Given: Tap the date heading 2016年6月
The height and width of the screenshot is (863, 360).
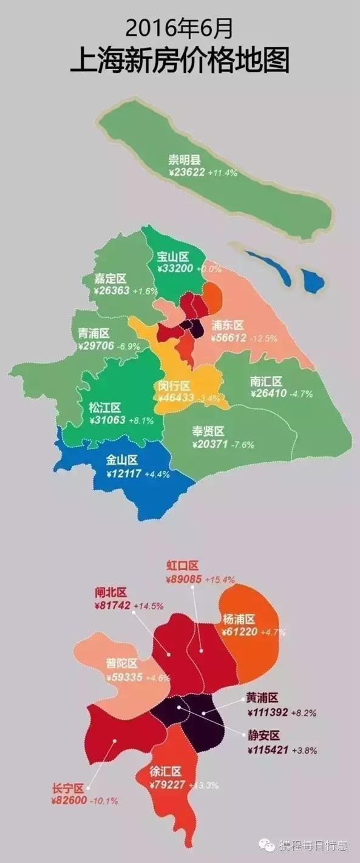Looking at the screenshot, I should tap(180, 27).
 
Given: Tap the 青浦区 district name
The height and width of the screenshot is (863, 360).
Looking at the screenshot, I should tap(94, 333).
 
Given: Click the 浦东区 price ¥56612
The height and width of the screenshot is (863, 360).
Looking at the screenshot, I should tap(228, 337).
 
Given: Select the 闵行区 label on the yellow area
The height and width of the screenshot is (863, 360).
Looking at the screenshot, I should tap(174, 386).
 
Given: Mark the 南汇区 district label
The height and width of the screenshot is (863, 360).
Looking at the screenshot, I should tap(266, 381).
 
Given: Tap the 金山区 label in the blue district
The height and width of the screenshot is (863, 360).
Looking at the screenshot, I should tap(123, 461).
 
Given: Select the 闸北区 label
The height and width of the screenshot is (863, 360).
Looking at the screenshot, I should tap(110, 592).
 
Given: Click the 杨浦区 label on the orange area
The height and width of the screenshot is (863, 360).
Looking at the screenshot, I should tap(239, 618).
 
